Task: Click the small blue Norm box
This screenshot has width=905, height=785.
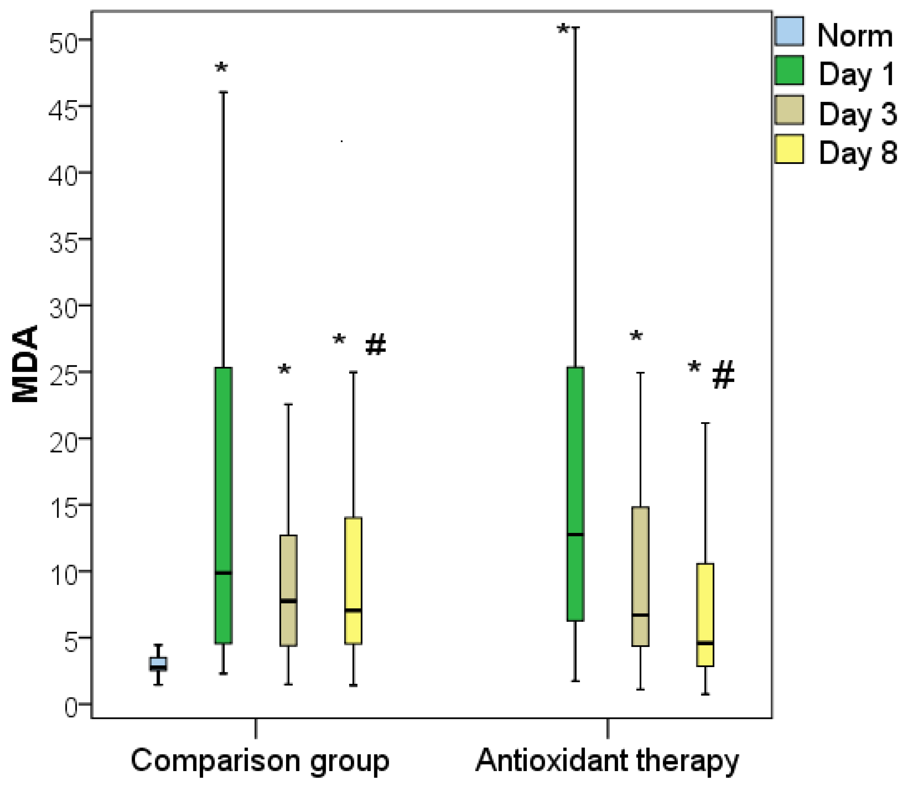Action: pyautogui.click(x=159, y=664)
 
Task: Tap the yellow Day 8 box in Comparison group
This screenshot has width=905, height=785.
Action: pyautogui.click(x=353, y=580)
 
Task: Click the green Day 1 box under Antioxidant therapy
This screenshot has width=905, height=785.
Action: pyautogui.click(x=576, y=493)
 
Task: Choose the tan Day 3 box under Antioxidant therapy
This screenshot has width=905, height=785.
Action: pyautogui.click(x=640, y=576)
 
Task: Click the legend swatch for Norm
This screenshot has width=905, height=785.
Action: pyautogui.click(x=789, y=31)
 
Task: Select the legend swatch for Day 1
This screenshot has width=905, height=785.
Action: pyautogui.click(x=789, y=70)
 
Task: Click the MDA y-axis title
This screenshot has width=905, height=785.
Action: pyautogui.click(x=25, y=363)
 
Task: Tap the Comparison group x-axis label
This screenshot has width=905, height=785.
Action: pyautogui.click(x=260, y=761)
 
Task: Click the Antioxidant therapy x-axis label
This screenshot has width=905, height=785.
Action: pyautogui.click(x=608, y=761)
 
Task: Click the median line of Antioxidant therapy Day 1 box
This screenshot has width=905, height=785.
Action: pyautogui.click(x=576, y=535)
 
